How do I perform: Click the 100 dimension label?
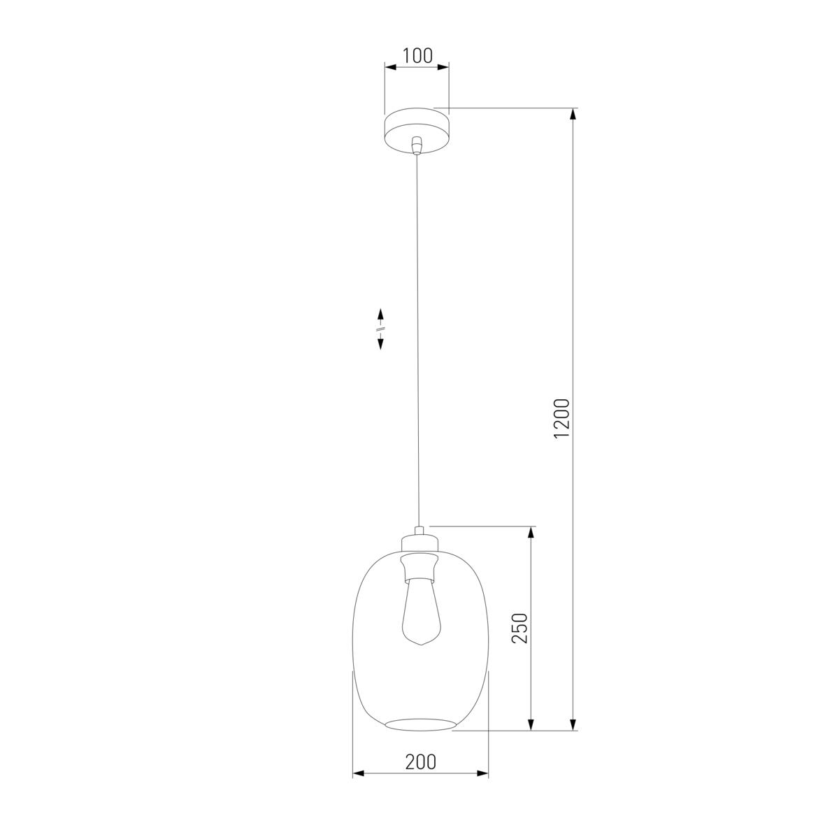[x=417, y=56]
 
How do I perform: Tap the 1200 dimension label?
[x=562, y=419]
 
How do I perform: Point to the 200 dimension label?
[x=420, y=761]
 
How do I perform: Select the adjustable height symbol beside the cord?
[x=381, y=329]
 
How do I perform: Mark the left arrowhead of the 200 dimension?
[x=359, y=773]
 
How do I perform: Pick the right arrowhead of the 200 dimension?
[x=482, y=773]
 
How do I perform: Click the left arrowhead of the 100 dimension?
[x=391, y=68]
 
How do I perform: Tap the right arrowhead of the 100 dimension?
[x=443, y=68]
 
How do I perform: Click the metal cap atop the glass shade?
[x=419, y=541]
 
